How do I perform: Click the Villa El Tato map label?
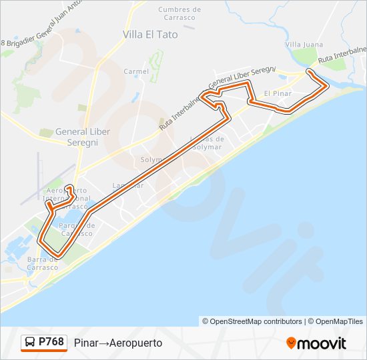point(150,34)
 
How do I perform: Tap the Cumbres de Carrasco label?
point(179,13)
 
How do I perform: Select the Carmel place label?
point(136,71)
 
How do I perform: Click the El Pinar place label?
point(278,93)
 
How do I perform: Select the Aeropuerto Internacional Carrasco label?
point(65,199)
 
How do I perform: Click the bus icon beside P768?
point(29,343)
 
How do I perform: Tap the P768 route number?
point(51,342)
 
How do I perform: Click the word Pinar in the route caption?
point(87,343)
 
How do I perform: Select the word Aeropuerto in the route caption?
point(136,343)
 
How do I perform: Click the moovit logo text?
point(322,343)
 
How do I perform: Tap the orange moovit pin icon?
point(291,343)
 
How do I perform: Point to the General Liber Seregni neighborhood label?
point(77,137)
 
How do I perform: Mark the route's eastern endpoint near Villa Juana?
point(309,71)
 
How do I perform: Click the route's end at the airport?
point(69,187)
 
